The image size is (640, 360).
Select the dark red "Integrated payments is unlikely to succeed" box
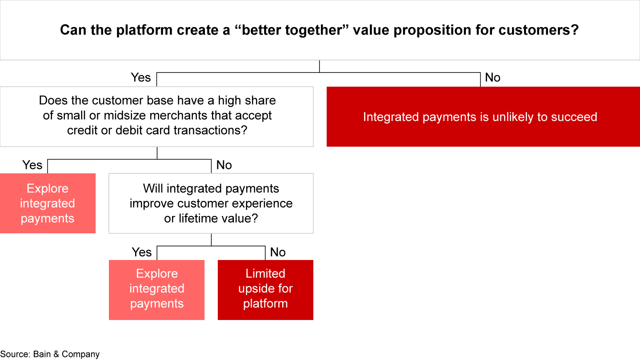click(x=483, y=116)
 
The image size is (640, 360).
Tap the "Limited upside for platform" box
click(x=265, y=290)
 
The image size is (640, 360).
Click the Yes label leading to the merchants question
click(x=141, y=77)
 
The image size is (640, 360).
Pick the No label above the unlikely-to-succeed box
click(x=492, y=77)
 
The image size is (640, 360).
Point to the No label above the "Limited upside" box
click(x=278, y=252)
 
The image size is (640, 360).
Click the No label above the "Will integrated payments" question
click(x=224, y=165)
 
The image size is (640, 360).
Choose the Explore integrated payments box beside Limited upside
click(x=156, y=290)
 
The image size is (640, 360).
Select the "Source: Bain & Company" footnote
click(x=50, y=354)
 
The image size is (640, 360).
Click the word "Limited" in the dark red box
click(x=265, y=273)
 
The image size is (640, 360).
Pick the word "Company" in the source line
click(x=80, y=354)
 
